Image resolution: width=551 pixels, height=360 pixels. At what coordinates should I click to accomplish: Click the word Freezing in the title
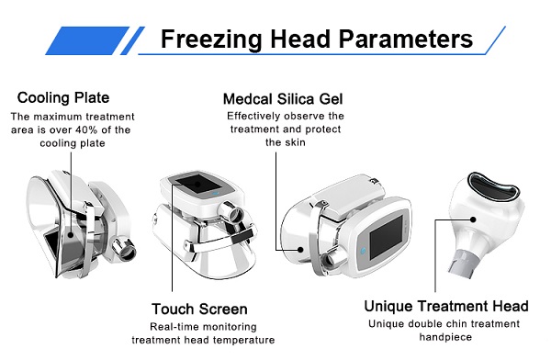211,39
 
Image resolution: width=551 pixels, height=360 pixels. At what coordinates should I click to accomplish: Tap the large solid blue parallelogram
87,40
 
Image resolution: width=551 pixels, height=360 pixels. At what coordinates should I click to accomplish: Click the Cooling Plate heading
63,97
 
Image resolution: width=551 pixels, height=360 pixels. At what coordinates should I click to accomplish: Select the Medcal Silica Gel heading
283,99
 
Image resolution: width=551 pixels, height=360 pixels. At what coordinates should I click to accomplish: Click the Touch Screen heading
199,309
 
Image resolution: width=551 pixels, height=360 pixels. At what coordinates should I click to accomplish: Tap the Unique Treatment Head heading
446,306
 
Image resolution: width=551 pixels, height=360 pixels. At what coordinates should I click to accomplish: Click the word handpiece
445,337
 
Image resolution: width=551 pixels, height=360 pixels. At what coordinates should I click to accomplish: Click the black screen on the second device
197,184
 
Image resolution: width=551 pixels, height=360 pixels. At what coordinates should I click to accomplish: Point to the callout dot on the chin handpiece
473,219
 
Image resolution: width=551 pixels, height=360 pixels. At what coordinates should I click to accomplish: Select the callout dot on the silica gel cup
300,250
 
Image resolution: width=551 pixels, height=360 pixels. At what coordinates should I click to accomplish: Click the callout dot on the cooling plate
71,234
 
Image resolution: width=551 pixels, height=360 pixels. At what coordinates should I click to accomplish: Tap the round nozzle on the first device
124,249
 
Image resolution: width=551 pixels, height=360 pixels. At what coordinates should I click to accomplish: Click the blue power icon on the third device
364,252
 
